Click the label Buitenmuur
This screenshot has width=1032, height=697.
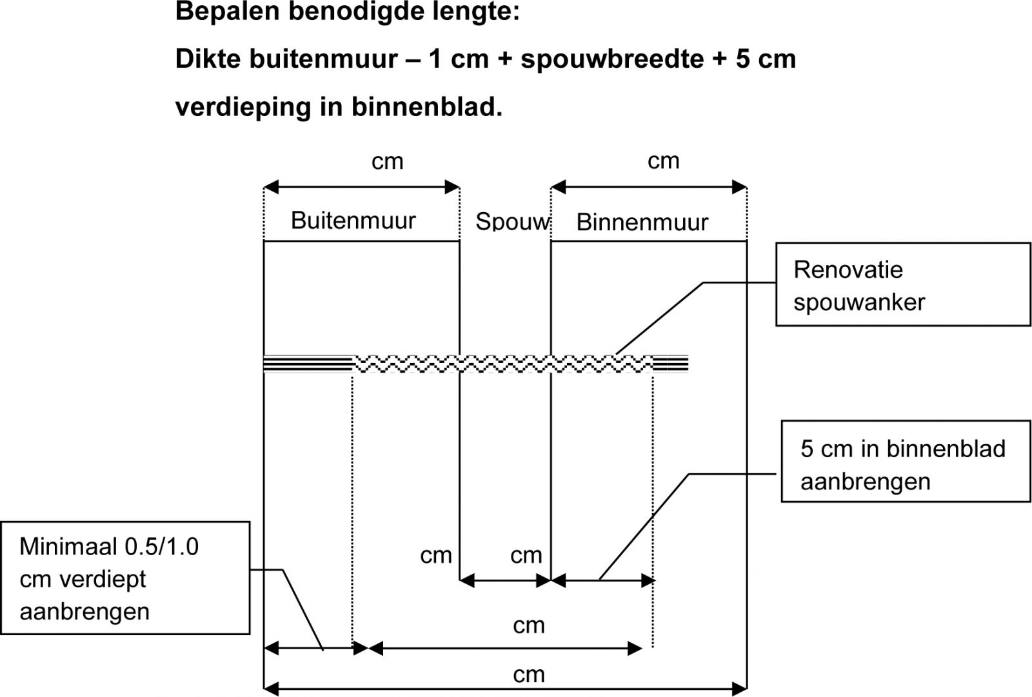click(353, 221)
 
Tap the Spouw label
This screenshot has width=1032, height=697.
click(511, 222)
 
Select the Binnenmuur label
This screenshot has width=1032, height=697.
click(642, 222)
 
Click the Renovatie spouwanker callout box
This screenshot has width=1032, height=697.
click(902, 284)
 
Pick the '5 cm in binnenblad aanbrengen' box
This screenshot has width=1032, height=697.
click(905, 461)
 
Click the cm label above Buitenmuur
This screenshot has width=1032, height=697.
click(387, 161)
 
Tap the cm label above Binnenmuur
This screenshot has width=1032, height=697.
click(663, 161)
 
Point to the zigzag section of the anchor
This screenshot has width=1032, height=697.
click(503, 364)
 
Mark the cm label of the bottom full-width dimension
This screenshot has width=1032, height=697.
click(529, 675)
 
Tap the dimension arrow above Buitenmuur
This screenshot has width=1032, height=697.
click(362, 188)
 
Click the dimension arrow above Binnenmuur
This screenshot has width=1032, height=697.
click(649, 188)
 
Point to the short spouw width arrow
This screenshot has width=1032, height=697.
click(505, 581)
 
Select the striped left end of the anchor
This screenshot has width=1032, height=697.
click(308, 364)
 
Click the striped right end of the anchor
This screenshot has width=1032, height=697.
click(671, 364)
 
